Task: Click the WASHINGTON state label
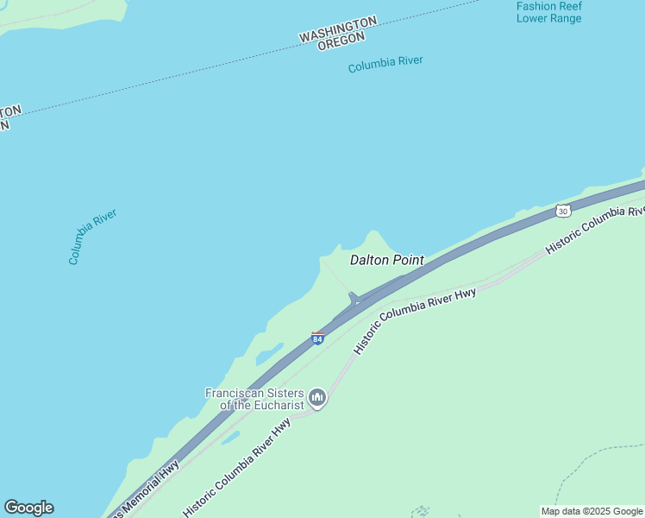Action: point(338,28)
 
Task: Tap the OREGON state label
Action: point(341,41)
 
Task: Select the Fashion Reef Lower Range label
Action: point(548,12)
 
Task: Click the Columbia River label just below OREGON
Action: point(385,65)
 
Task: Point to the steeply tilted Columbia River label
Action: point(92,236)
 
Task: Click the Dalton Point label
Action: point(386,259)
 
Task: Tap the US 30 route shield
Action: point(563,211)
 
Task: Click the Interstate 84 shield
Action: point(317,338)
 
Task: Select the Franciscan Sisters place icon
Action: point(317,398)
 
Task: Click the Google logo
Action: point(28,508)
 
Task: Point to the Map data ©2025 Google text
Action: point(592,511)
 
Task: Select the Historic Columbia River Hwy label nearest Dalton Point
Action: point(415,319)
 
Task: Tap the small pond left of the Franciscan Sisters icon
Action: point(230,438)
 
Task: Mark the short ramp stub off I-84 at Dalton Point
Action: point(353,299)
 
